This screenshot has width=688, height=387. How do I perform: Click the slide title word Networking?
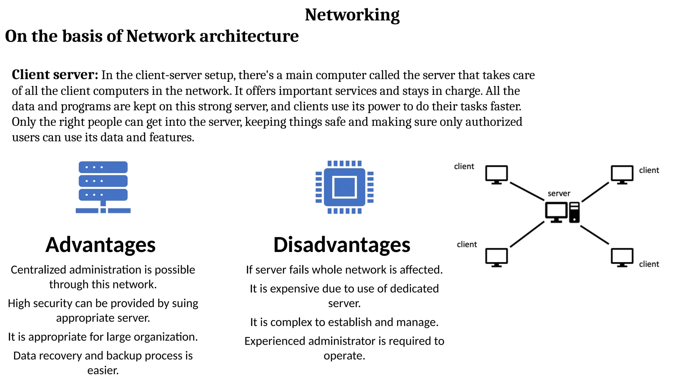352,15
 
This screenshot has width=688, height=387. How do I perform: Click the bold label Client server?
55,75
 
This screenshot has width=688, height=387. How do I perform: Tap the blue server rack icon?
103,187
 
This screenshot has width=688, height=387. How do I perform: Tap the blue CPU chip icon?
345,187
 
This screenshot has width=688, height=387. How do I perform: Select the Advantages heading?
100,245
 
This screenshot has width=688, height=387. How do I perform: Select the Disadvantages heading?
342,245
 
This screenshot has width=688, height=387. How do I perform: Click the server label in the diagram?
559,193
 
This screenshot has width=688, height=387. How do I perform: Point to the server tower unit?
574,212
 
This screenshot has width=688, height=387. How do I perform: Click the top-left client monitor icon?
496,174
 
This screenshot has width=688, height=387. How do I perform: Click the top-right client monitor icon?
622,174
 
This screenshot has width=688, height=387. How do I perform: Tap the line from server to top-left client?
526,191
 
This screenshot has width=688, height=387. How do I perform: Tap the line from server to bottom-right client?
594,234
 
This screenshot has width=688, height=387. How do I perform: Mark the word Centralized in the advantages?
38,270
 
